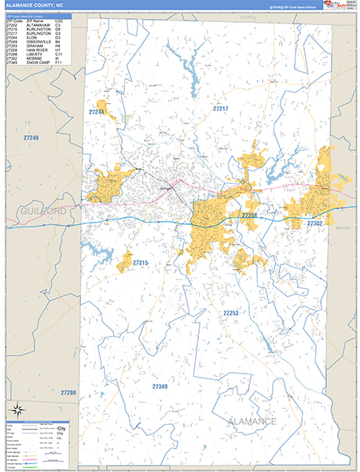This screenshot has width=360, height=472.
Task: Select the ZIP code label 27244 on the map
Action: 97,112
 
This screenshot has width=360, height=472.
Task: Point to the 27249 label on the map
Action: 31,138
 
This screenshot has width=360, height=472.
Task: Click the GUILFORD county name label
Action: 39,212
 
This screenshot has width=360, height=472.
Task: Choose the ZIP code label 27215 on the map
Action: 141,261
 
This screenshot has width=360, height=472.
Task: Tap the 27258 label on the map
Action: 250,215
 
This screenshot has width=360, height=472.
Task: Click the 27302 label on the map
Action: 315,223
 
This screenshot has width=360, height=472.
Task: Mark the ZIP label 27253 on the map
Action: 230,312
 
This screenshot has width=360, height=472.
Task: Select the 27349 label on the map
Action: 160,386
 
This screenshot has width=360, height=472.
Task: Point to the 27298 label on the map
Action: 68,392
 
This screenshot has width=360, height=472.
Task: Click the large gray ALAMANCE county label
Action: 252,422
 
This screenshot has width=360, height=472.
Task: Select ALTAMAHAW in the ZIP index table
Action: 41,25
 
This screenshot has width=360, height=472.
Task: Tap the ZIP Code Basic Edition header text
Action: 299,6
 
